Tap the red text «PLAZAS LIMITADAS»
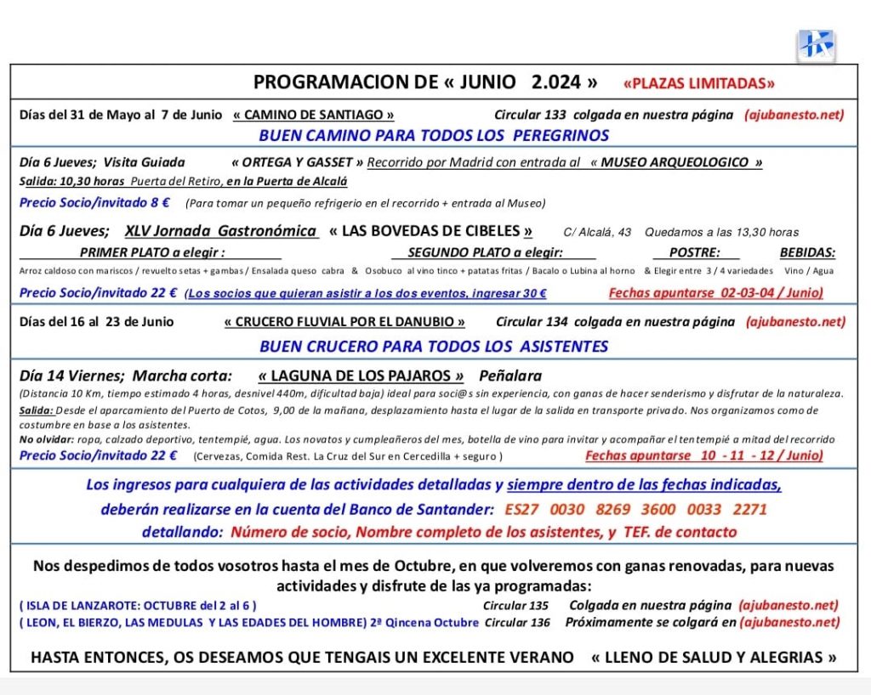[x=699, y=83]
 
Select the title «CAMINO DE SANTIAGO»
[x=314, y=115]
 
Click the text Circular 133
[x=530, y=115]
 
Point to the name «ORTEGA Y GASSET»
[x=297, y=162]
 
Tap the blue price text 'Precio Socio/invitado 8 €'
[x=94, y=202]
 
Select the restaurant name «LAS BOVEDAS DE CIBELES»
[x=431, y=231]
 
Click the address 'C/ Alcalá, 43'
[x=597, y=232]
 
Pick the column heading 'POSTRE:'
[x=695, y=252]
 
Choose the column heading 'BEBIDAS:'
[x=807, y=252]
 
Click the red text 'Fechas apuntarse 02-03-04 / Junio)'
[x=715, y=293]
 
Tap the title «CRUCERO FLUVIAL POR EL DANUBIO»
[x=344, y=322]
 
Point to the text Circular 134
[x=532, y=322]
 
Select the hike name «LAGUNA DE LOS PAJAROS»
[x=361, y=376]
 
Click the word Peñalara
[x=510, y=376]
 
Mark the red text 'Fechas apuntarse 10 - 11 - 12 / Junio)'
[x=703, y=455]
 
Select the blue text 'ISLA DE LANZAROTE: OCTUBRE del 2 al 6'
[x=138, y=606]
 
